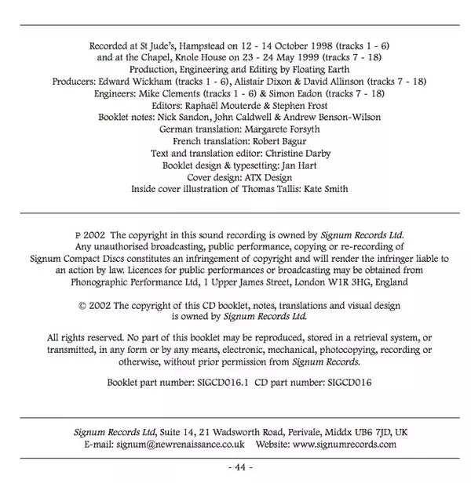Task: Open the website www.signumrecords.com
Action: coord(344,443)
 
